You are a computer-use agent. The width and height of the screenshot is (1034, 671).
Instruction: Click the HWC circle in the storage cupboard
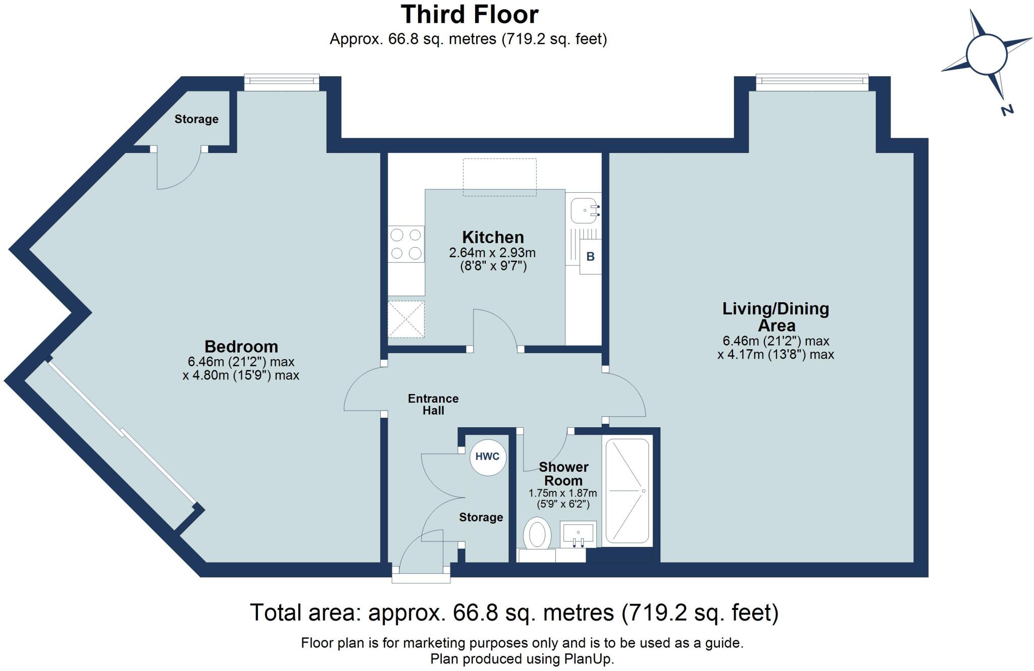[487, 457]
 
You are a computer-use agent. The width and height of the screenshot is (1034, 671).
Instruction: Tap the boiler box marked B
[590, 256]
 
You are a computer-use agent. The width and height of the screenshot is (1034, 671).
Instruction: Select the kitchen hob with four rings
[406, 244]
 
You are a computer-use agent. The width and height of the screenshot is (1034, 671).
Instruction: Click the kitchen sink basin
[584, 210]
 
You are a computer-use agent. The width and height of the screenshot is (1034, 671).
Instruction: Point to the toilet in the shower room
[537, 533]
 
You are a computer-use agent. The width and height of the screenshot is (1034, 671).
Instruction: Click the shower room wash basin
[578, 534]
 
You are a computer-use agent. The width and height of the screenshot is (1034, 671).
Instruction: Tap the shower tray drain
[643, 490]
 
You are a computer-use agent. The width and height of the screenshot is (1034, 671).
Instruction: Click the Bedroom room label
[241, 347]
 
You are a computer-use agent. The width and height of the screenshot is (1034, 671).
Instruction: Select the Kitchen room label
[493, 237]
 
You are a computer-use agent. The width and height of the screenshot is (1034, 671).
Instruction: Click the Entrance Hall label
[433, 404]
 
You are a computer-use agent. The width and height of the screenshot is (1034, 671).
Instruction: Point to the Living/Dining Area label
[775, 316]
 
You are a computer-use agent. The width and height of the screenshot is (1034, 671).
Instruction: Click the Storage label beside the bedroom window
[196, 119]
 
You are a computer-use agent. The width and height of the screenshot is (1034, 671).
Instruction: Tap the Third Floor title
[469, 15]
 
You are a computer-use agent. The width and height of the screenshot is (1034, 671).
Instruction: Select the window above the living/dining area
[812, 82]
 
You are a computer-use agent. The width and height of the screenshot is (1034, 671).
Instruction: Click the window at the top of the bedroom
[282, 82]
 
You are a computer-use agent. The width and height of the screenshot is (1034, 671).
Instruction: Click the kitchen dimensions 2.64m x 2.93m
[492, 253]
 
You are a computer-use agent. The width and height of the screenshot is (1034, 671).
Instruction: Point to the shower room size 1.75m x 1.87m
[562, 493]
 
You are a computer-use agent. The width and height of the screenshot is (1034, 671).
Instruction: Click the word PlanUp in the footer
[588, 659]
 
